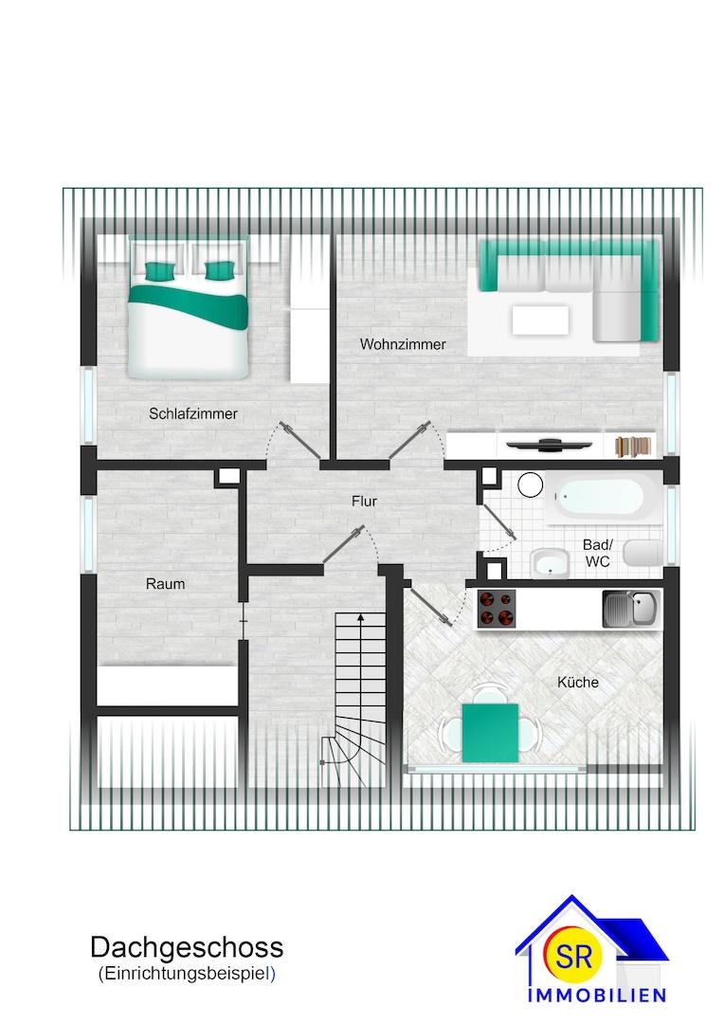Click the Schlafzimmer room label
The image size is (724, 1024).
(192, 413)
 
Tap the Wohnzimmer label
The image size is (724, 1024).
(403, 344)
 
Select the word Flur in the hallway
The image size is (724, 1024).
(364, 501)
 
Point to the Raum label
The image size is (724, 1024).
(165, 584)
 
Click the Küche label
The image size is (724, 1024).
(578, 682)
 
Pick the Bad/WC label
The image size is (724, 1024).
(598, 553)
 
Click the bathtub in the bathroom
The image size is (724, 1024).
(602, 497)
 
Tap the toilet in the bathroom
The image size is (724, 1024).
(642, 553)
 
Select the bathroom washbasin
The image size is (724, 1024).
(551, 563)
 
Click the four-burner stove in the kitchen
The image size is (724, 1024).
(497, 609)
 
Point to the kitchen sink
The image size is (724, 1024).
(630, 610)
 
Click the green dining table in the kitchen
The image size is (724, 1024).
(490, 733)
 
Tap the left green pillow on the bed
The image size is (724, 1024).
(160, 269)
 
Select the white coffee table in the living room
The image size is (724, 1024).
(540, 320)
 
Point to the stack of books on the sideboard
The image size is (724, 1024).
(633, 446)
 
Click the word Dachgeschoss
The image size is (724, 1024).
(187, 947)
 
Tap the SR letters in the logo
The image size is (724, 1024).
(574, 956)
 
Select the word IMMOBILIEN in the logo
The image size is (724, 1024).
(597, 996)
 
